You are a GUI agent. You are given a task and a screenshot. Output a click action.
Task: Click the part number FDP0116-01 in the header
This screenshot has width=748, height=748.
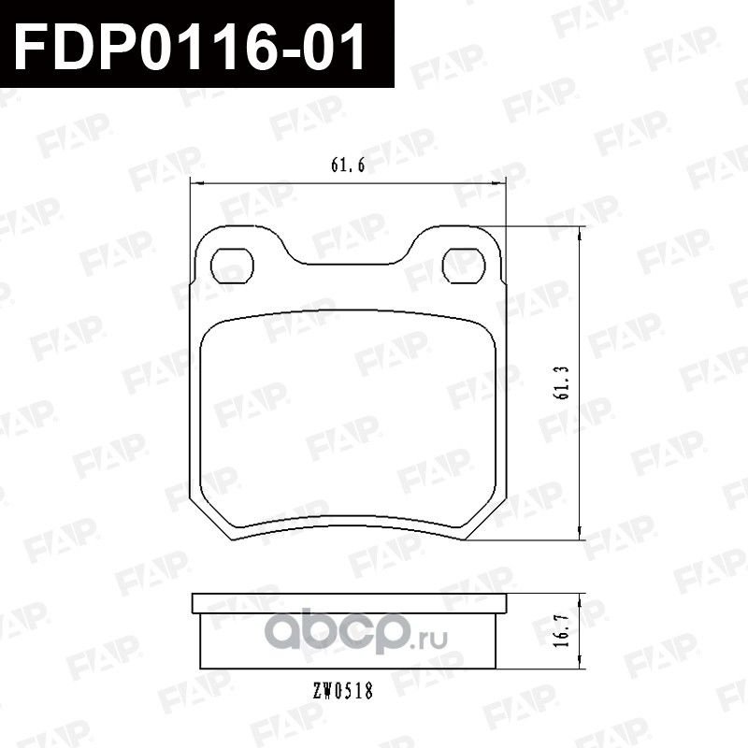coord(192,40)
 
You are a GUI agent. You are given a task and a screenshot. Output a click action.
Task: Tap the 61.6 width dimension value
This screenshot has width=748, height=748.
coord(346,165)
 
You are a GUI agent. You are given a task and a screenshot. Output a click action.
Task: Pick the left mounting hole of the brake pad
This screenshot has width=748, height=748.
coord(230,265)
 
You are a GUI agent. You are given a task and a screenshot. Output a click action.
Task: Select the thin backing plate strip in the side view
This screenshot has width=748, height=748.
coord(346,603)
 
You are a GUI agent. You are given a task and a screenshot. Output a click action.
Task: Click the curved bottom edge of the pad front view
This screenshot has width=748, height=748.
coord(346,521)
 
